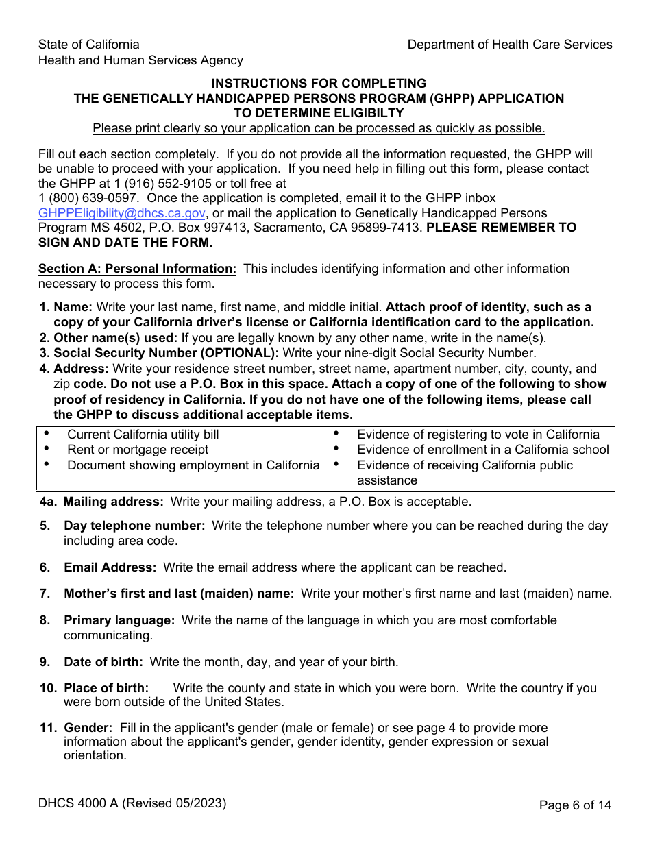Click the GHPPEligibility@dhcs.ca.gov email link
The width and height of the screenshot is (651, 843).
[x=121, y=213]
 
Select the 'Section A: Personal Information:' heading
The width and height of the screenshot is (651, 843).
[x=137, y=269]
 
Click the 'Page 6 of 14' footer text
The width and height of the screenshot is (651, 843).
[x=575, y=805]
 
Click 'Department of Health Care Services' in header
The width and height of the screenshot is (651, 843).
[x=510, y=45]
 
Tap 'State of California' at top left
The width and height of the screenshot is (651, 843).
[x=88, y=45]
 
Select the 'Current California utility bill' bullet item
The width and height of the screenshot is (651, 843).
[x=143, y=435]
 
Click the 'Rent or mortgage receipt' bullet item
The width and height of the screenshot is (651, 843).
[x=138, y=450]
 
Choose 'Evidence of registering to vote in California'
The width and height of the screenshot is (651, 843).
[x=478, y=435]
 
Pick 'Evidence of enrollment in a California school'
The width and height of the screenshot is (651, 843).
[x=482, y=450]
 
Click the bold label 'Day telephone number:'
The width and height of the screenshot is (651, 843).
[x=134, y=526]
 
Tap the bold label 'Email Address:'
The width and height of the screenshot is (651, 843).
[x=110, y=567]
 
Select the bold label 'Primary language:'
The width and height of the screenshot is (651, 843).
[x=119, y=620]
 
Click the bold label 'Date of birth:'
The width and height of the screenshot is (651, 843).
[x=103, y=662]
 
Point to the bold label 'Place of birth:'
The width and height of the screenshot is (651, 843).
[x=106, y=688]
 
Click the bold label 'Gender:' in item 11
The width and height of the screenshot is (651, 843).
[x=88, y=728]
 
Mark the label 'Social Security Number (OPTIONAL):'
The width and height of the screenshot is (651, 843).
[x=166, y=353]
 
